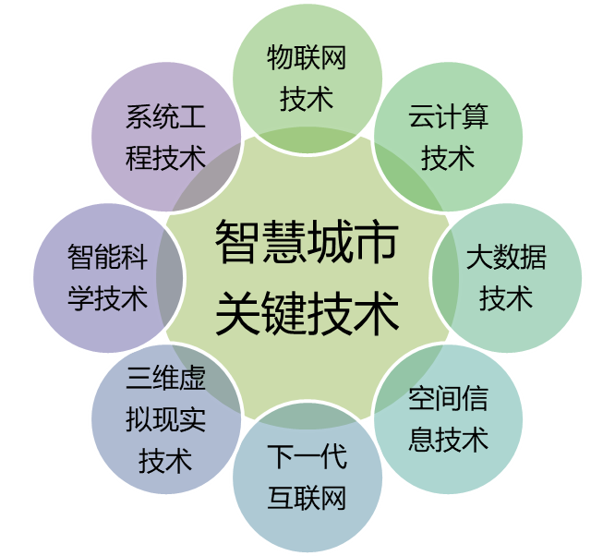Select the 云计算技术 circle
click(x=448, y=137)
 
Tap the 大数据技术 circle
click(x=507, y=278)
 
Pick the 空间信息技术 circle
click(x=448, y=419)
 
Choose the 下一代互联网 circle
click(x=307, y=477)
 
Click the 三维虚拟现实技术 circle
click(x=166, y=419)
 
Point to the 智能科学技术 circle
click(x=108, y=278)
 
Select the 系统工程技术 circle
click(x=166, y=137)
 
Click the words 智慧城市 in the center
click(x=307, y=241)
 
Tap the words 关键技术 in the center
click(x=307, y=313)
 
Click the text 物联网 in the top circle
click(x=307, y=57)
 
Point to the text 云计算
click(x=448, y=116)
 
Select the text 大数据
click(x=506, y=258)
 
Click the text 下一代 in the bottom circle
click(x=307, y=457)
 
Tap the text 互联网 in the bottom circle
click(x=307, y=498)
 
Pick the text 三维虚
click(x=165, y=378)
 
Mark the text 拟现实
click(x=165, y=419)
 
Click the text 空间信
click(x=448, y=398)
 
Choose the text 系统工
click(x=165, y=116)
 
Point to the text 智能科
click(x=108, y=258)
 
